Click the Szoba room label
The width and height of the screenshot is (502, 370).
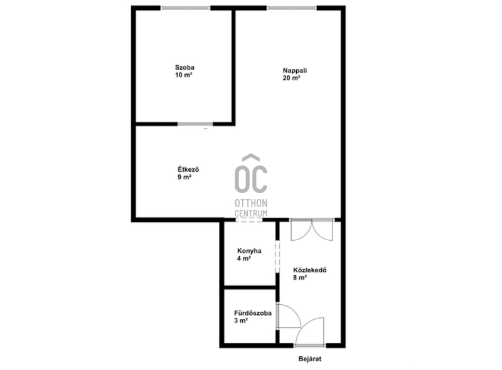coord(184,68)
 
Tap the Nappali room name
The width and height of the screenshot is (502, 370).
coord(295,70)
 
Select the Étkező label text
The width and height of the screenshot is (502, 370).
coord(188,169)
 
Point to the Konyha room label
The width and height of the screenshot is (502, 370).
coord(249,251)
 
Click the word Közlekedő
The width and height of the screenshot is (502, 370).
coord(309,270)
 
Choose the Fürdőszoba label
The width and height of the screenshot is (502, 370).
coord(253,313)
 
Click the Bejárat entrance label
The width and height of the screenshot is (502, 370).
coord(310,359)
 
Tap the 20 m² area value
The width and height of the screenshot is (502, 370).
coord(291,78)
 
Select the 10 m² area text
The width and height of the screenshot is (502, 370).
coord(183,75)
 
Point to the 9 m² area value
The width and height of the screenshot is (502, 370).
coord(184,177)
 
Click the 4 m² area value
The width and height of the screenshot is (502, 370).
coord(244,258)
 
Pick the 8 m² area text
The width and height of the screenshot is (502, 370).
coord(300,278)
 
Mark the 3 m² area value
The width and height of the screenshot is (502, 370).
coord(241,320)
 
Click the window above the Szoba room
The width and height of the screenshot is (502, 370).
coord(185,8)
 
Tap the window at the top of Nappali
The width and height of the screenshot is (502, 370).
coord(292,8)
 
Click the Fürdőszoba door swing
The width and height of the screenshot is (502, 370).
coord(289,315)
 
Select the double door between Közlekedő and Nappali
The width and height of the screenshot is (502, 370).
coord(311,230)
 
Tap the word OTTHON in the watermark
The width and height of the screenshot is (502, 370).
coord(251,203)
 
